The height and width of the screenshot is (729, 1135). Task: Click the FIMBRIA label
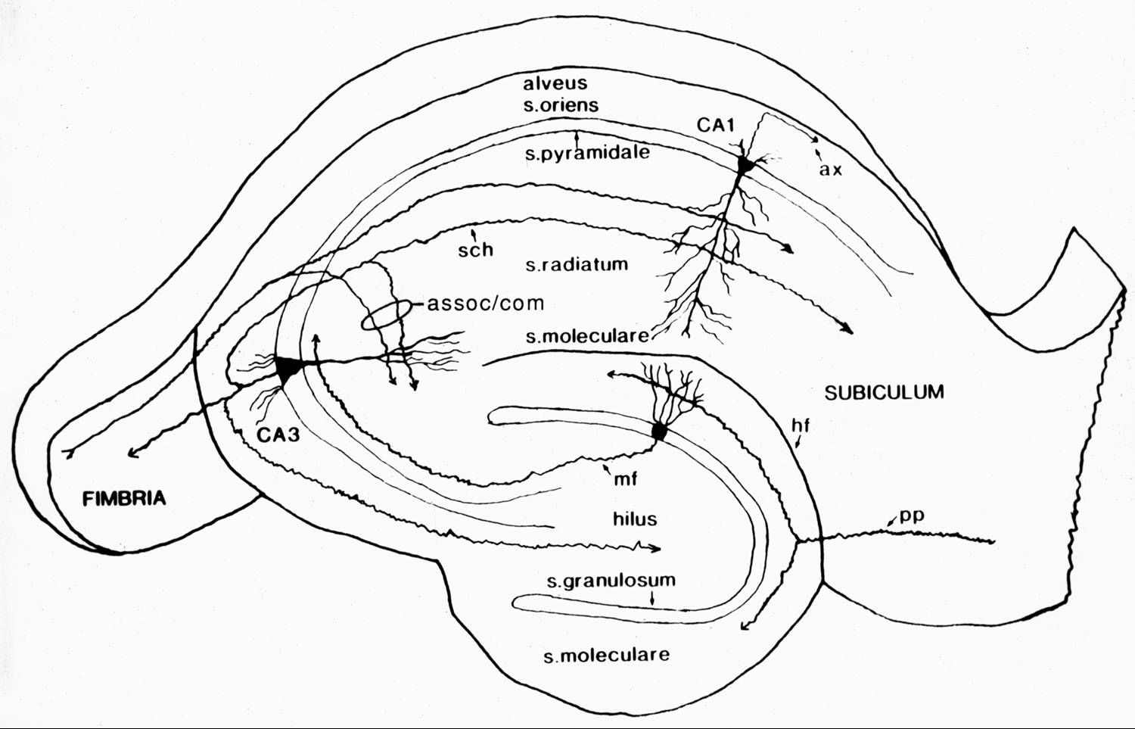(124, 498)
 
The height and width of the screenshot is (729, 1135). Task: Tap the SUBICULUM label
(884, 392)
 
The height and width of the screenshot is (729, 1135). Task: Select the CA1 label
(716, 125)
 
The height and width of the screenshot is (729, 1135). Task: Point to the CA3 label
(278, 435)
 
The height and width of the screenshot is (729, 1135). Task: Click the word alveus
(555, 83)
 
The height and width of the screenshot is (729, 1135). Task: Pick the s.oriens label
(561, 105)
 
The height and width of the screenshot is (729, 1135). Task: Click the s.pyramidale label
(587, 152)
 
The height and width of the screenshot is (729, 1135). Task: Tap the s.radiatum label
(577, 264)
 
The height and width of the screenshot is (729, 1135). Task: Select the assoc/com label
(486, 304)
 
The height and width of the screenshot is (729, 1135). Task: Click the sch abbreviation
(475, 249)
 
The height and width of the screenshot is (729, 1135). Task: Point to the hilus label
(635, 519)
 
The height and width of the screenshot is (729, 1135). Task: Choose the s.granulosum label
(611, 581)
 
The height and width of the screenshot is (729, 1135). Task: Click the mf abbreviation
(625, 479)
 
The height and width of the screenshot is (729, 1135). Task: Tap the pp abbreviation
(912, 516)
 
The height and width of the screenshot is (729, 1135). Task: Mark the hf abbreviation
(801, 425)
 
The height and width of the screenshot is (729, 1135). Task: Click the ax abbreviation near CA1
(830, 169)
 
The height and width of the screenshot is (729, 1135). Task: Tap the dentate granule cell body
(659, 431)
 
